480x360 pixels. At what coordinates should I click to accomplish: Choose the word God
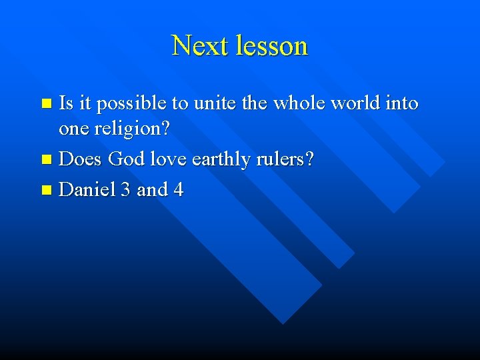click(x=125, y=160)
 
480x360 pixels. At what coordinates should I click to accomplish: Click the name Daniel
click(x=87, y=190)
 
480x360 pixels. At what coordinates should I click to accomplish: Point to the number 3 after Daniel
click(x=126, y=190)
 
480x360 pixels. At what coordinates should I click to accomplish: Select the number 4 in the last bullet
click(x=178, y=190)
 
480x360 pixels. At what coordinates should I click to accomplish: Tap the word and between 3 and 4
click(x=152, y=190)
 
